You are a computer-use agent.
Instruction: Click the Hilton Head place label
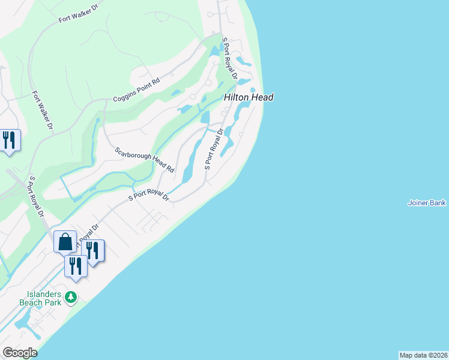click(x=249, y=97)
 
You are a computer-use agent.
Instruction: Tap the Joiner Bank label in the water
click(x=426, y=203)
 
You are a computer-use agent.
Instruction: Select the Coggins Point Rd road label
click(x=136, y=91)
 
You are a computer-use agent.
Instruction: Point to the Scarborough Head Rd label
click(x=144, y=159)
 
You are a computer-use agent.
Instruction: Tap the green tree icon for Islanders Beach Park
click(x=71, y=296)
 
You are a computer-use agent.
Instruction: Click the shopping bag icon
click(x=65, y=242)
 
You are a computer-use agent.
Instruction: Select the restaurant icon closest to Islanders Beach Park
click(x=76, y=266)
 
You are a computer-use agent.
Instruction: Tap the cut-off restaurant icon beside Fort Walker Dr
click(x=8, y=140)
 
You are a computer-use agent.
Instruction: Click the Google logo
click(x=19, y=353)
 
